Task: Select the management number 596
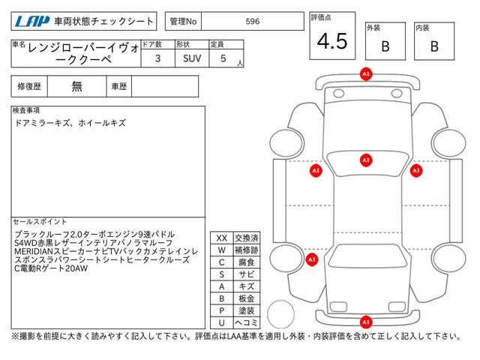point(253,22)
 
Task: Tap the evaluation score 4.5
point(331,42)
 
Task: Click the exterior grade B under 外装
point(385,46)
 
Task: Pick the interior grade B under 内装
point(433,46)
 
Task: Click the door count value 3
point(157,58)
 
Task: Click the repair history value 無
point(76,86)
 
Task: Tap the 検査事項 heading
point(26,110)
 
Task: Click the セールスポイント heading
point(40,222)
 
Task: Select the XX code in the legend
point(221,238)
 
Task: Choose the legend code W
point(221,250)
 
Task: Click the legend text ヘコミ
point(246,322)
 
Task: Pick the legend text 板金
point(246,298)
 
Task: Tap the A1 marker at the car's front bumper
point(366,74)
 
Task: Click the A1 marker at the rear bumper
point(366,321)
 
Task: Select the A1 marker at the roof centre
point(366,160)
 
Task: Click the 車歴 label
point(119,86)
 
